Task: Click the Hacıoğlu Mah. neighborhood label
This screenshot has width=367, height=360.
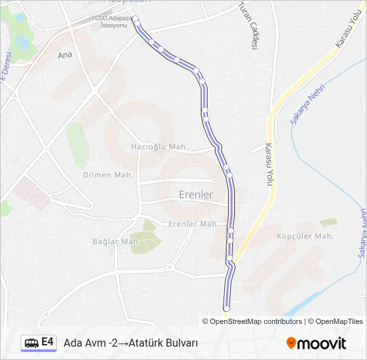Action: [x=159, y=147]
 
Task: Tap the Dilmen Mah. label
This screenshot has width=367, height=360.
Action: [x=108, y=175]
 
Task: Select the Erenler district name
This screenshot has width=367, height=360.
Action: [x=196, y=195]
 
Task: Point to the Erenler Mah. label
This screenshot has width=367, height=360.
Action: [x=194, y=224]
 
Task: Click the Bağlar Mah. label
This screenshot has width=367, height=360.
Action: [x=116, y=241]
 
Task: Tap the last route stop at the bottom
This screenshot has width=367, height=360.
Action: [x=226, y=309]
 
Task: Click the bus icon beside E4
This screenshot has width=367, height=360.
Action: [x=31, y=343]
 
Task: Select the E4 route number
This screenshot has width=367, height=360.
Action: [x=47, y=342]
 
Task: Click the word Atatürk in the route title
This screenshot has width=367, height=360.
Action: [x=147, y=343]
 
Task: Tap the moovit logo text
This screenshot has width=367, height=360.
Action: [x=322, y=343]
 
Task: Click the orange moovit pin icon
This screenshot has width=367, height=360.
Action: [x=291, y=343]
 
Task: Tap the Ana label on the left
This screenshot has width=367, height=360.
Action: [x=65, y=55]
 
